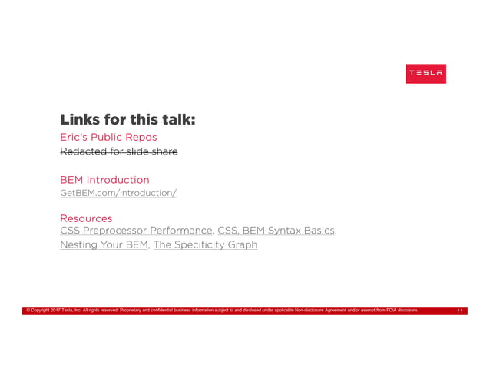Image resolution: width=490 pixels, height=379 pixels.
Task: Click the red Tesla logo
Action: (x=425, y=74)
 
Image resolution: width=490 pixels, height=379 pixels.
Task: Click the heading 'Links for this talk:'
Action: (x=127, y=120)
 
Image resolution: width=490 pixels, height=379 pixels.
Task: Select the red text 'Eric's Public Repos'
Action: (x=108, y=138)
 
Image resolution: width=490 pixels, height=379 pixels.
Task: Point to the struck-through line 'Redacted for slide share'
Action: (x=118, y=151)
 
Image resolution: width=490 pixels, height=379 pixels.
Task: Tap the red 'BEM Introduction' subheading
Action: (x=104, y=180)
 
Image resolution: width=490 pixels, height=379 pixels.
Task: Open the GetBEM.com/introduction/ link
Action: (x=118, y=193)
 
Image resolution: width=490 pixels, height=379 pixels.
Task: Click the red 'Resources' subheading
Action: (x=86, y=219)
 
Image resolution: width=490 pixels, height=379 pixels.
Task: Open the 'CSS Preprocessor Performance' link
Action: (x=135, y=231)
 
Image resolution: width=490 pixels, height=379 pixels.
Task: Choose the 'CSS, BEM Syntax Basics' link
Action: (x=276, y=231)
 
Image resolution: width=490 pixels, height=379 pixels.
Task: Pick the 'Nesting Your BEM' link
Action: (x=103, y=245)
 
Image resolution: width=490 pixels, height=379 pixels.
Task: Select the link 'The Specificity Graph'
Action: (x=205, y=245)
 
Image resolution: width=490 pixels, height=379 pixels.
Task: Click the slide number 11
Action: (x=459, y=311)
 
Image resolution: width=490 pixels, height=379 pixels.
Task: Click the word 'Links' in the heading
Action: (x=79, y=120)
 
